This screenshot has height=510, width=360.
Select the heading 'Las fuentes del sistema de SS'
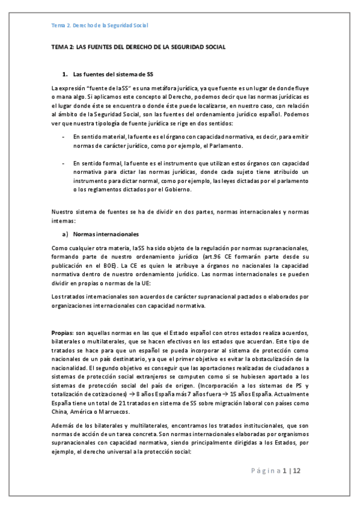click(112, 75)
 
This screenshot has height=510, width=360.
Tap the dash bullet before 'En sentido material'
click(64, 138)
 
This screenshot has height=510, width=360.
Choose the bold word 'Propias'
click(62, 333)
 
